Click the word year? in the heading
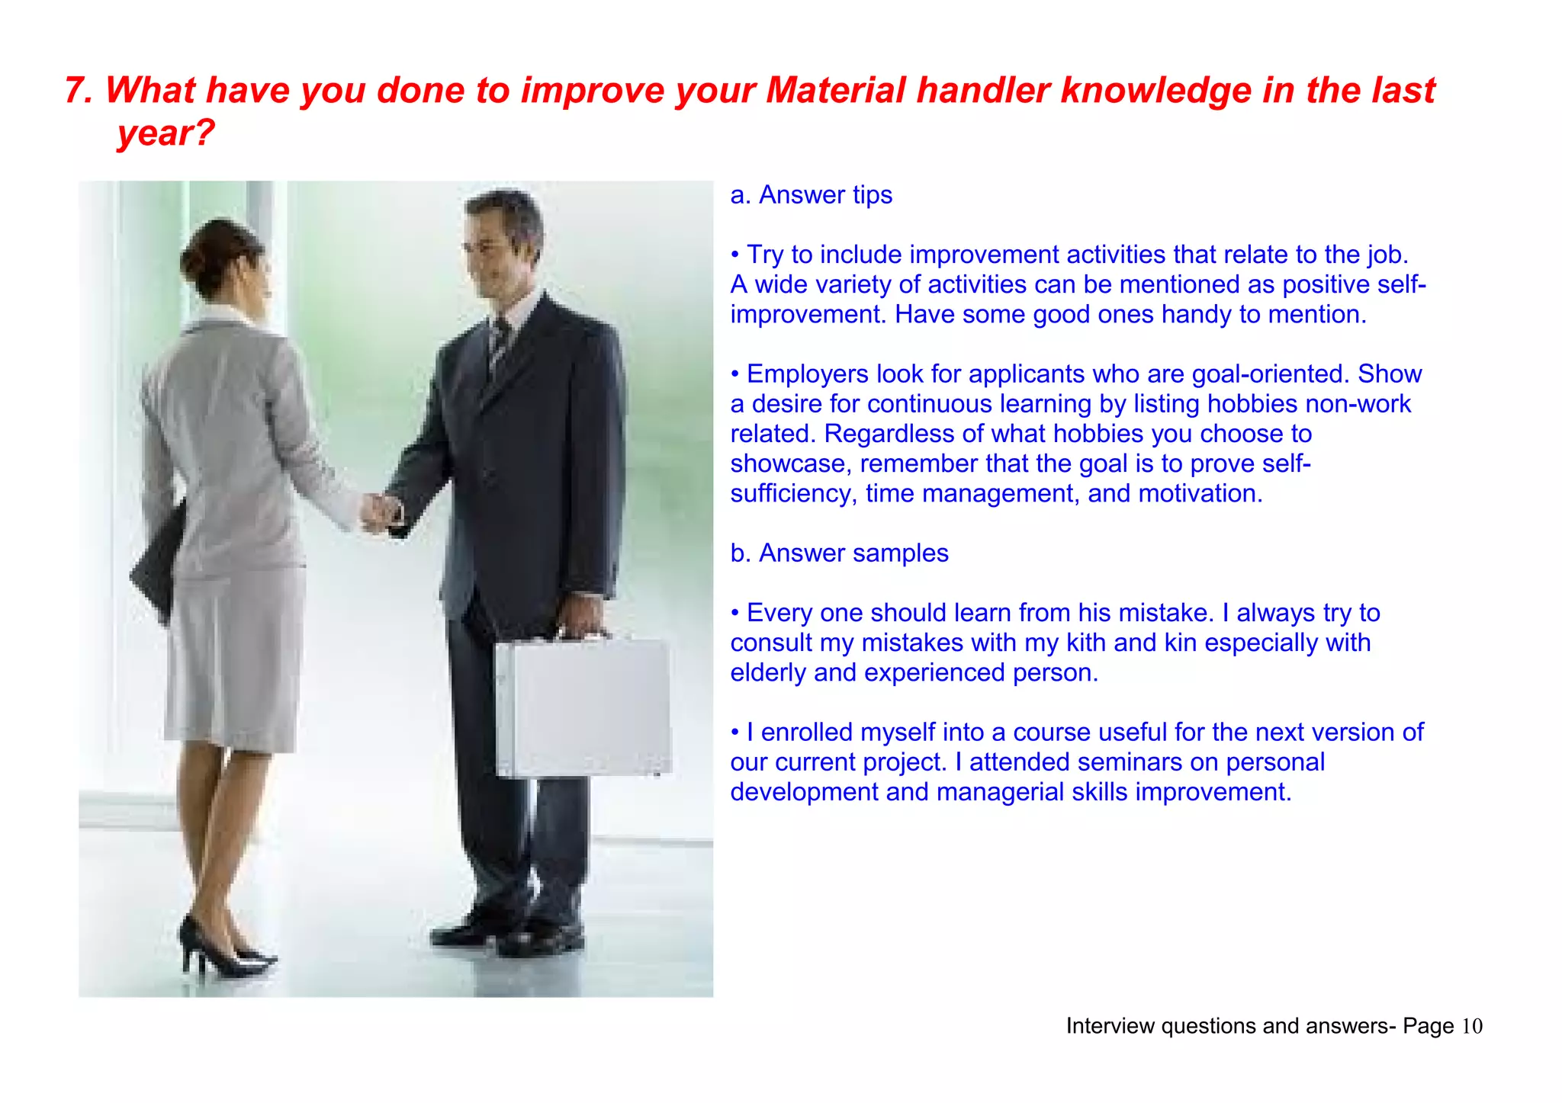166,133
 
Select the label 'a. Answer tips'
811,195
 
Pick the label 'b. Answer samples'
839,553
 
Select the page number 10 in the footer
1472,1027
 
